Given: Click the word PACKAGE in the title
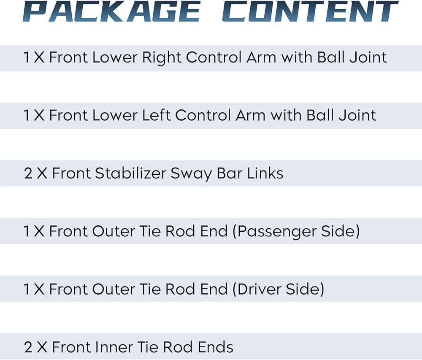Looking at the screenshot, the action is pos(111,11).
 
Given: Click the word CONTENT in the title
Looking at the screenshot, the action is pos(310,11).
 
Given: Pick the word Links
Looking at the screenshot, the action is pos(265,173).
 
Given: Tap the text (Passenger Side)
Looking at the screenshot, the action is pos(297,231).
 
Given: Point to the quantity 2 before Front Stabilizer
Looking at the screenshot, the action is pos(28,173).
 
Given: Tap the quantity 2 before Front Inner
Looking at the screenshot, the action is pos(28,347).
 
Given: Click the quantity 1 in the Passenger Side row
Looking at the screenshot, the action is pos(27,231).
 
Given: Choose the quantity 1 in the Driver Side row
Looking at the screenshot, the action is pos(27,289).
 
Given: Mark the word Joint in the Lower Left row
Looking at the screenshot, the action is pos(358,115).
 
